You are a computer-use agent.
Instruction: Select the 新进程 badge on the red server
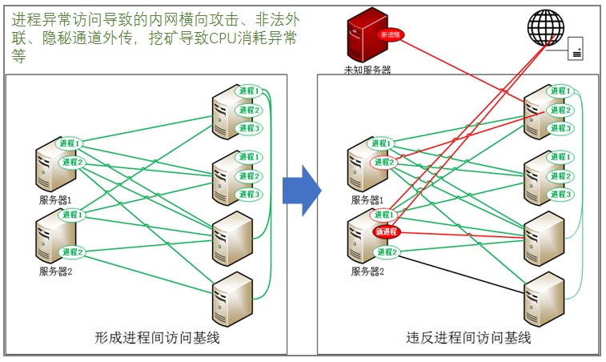pos(391,34)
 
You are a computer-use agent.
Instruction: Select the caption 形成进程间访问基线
pos(157,338)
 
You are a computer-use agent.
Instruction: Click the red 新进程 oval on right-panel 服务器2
pos(386,231)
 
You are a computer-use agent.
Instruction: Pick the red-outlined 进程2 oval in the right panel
pos(383,163)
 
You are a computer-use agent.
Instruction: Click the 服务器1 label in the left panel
pos(56,199)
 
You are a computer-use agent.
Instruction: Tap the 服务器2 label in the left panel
pos(56,271)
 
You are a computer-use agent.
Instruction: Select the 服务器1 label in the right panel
pos(367,199)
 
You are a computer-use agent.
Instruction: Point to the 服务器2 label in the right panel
pos(367,271)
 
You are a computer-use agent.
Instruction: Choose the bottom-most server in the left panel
pos(232,296)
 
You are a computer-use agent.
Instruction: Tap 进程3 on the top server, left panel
pos(249,128)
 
